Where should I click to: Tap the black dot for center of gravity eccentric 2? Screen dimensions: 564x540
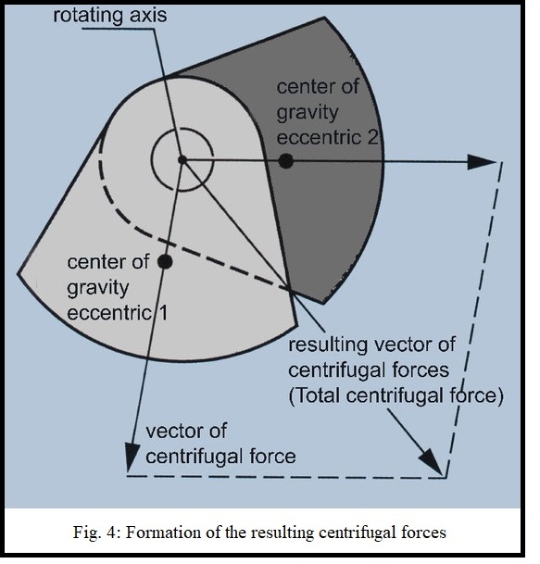pos(286,160)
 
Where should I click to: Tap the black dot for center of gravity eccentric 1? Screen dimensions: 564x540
pos(165,261)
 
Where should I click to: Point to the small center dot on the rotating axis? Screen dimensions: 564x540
pos(182,160)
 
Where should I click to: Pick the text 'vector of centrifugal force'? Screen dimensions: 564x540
pos(220,445)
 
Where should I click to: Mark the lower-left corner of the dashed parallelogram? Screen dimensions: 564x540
pos(128,476)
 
